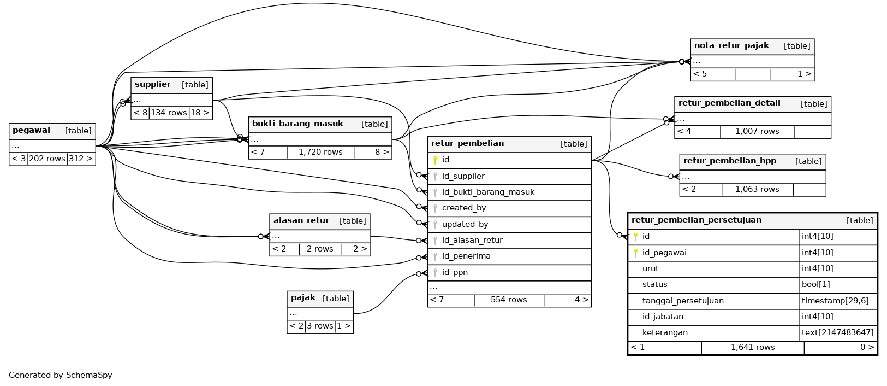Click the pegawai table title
coord(31,130)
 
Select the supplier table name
coord(153,84)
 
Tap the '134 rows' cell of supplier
coord(169,113)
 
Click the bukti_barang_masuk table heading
coord(297,124)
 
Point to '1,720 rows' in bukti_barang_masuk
coord(320,152)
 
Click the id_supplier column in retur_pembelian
coord(463,176)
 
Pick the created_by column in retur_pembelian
coord(464,208)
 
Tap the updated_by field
coord(465,224)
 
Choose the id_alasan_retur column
coord(472,240)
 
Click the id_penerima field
coord(466,256)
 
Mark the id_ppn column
coord(455,272)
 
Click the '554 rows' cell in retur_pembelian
coord(509,300)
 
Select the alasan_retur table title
coord(301,220)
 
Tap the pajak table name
coord(303,297)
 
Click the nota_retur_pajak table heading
coord(731,45)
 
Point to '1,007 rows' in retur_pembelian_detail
coord(757,131)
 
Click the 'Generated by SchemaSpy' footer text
coord(61,375)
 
